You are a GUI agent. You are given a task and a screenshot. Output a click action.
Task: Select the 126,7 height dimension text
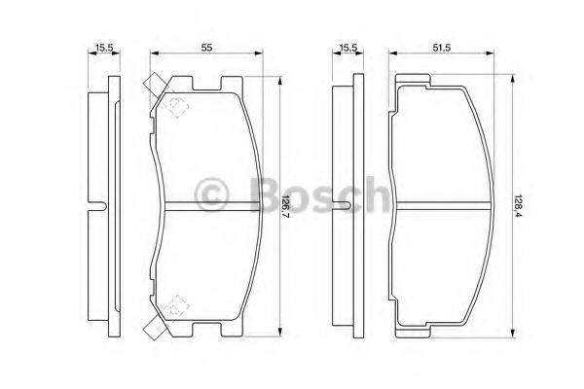(285, 207)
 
